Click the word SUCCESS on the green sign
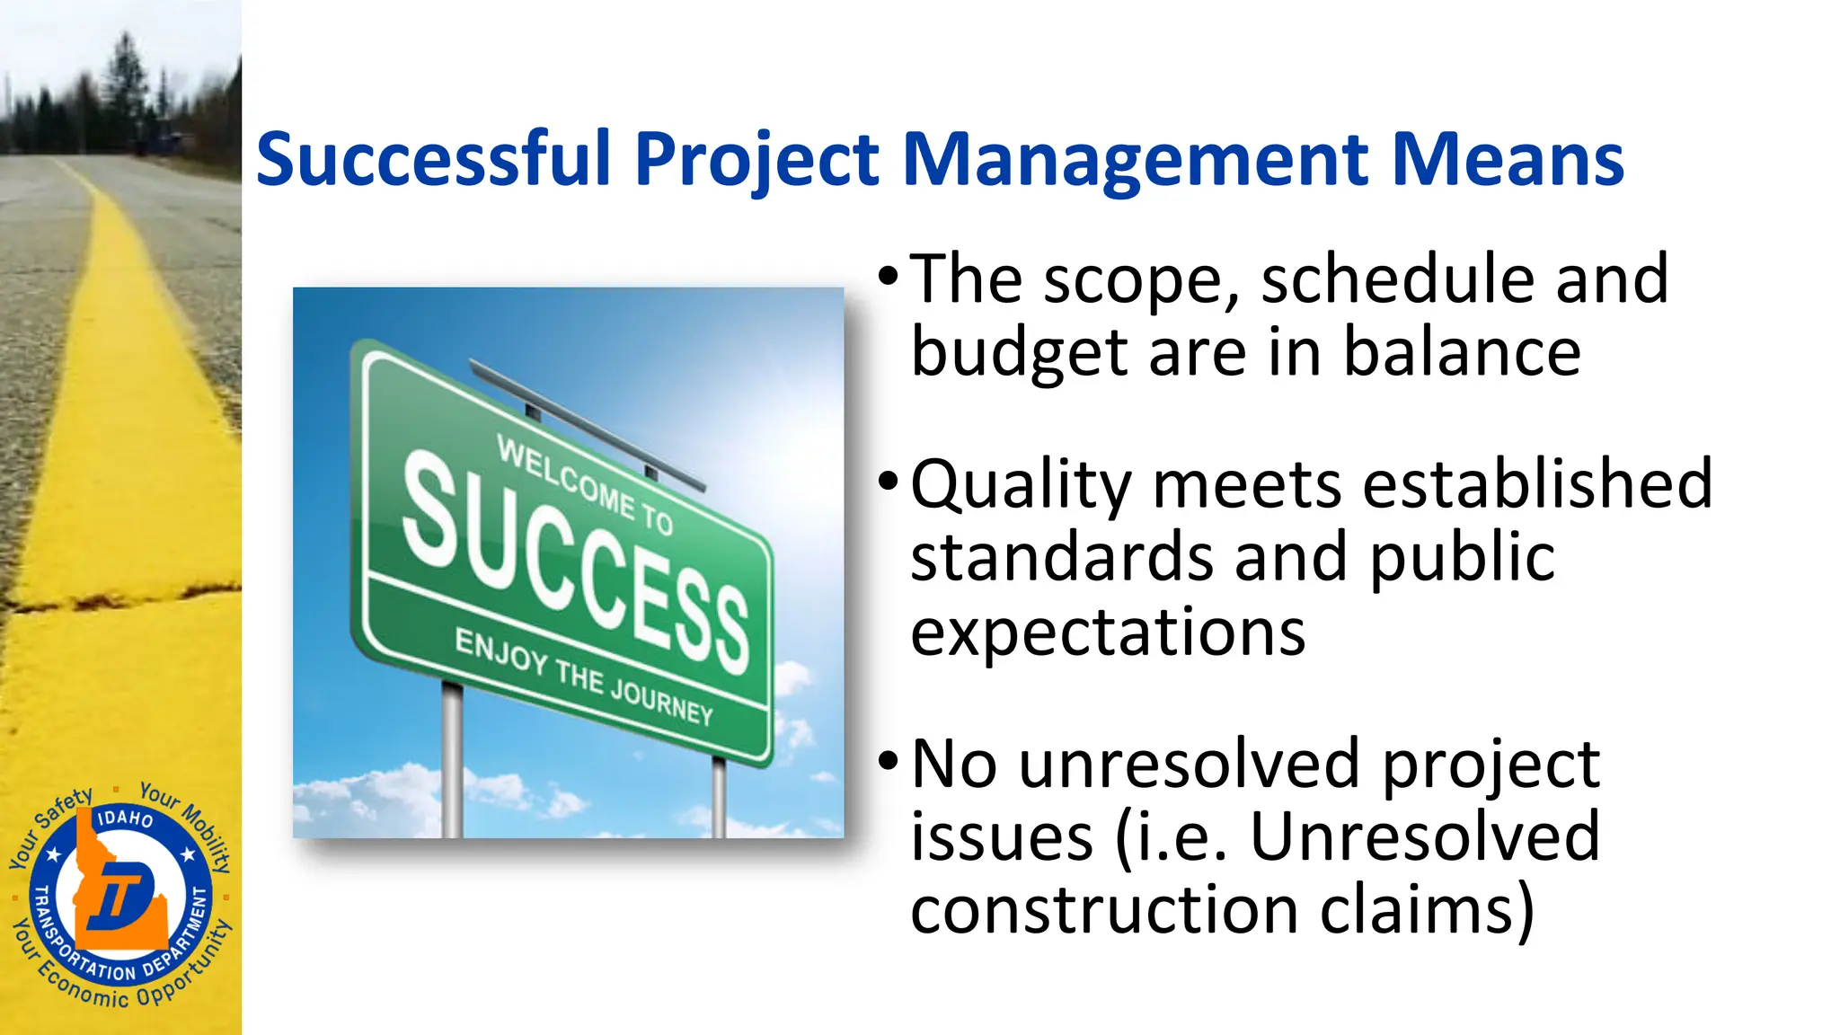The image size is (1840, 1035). click(575, 562)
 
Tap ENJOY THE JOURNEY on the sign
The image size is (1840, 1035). click(584, 677)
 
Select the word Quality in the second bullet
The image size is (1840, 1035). click(1022, 485)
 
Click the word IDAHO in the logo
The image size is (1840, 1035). click(125, 818)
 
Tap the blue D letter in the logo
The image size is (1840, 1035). click(126, 894)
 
